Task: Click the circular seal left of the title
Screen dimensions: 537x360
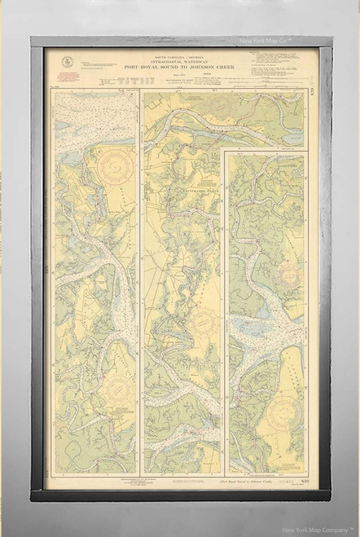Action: [68, 62]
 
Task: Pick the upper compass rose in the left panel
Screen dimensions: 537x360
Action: [115, 164]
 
